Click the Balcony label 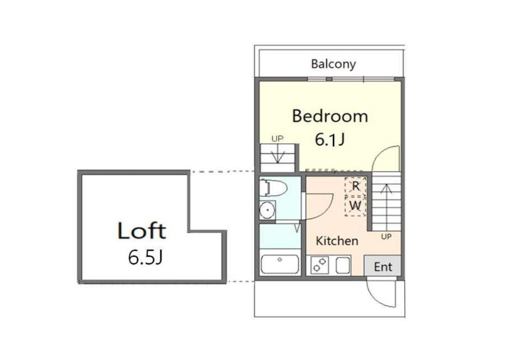click(x=333, y=64)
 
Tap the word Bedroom click(x=330, y=116)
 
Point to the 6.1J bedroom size click(x=330, y=140)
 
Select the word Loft click(x=142, y=231)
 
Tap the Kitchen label click(x=337, y=241)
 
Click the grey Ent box click(x=383, y=267)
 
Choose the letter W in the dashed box click(x=355, y=204)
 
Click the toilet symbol click(x=273, y=188)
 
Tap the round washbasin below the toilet click(x=267, y=209)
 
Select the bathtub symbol click(x=280, y=264)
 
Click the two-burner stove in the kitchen click(x=318, y=265)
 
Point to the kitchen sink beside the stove click(x=343, y=265)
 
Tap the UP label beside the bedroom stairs click(x=277, y=139)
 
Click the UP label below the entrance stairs click(x=386, y=237)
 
